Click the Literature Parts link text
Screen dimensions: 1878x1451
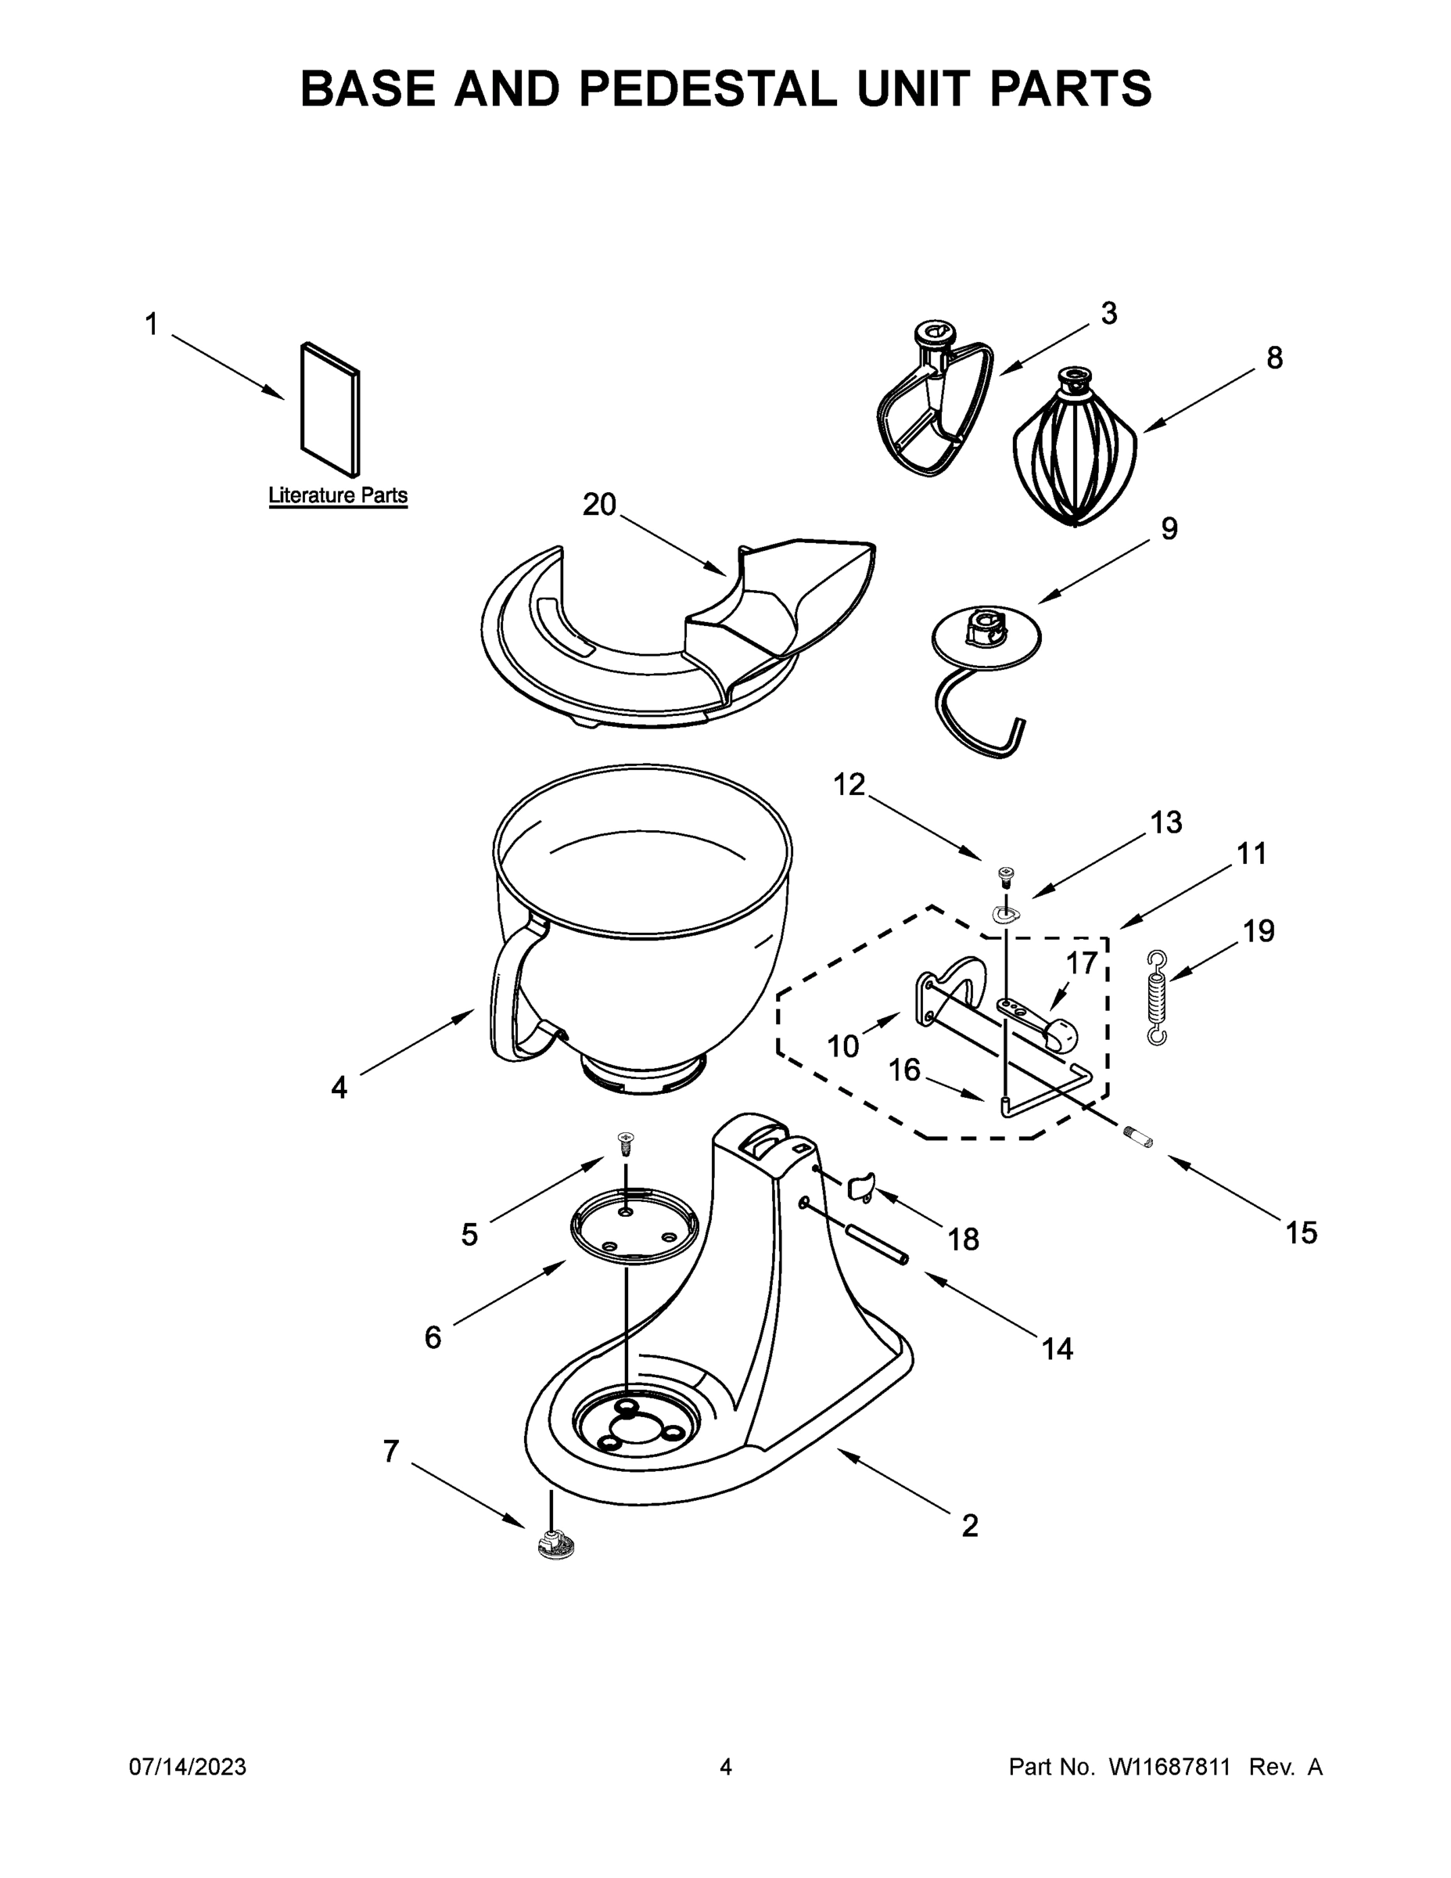tap(338, 495)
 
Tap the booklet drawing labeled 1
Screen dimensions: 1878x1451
tap(330, 410)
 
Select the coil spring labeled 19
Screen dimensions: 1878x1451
tap(1158, 998)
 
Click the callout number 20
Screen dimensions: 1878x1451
tap(599, 505)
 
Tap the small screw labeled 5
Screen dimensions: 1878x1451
tap(626, 1144)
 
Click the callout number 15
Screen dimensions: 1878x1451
tap(1301, 1233)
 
